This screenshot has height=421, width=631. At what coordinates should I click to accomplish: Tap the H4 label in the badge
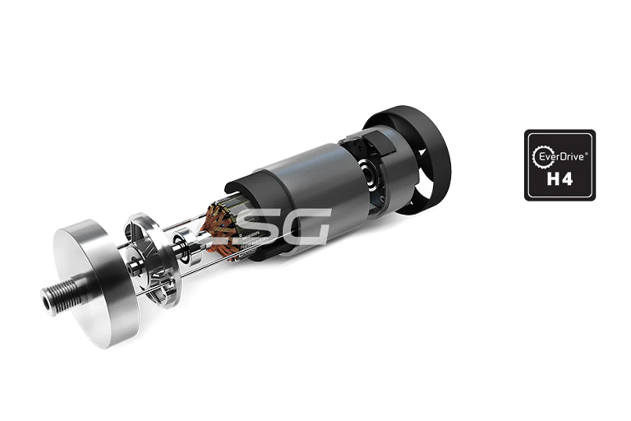(560, 178)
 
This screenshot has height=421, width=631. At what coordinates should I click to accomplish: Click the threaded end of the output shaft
(60, 298)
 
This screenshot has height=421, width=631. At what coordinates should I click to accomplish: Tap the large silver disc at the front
(97, 282)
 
